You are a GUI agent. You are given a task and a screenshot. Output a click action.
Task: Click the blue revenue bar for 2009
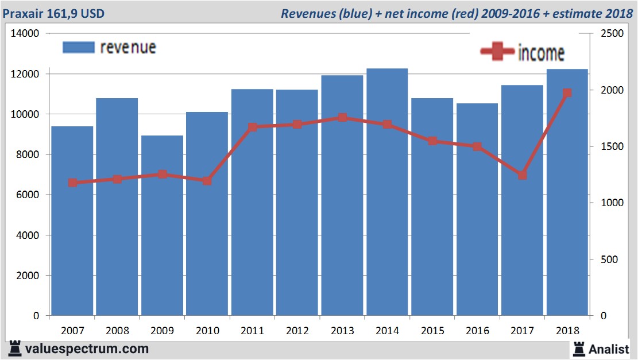point(162,230)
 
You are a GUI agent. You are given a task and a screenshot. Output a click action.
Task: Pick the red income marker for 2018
point(567,93)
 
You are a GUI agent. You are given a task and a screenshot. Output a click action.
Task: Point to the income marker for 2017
point(522,175)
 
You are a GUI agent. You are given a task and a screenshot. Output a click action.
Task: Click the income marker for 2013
point(342,118)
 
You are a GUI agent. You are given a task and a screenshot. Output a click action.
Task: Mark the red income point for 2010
point(207,181)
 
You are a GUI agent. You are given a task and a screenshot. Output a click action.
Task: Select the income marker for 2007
point(72,183)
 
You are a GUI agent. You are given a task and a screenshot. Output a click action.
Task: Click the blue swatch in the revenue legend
point(78,47)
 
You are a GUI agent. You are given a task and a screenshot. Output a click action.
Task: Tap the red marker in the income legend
point(497,52)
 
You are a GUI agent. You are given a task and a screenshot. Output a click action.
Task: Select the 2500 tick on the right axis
point(612,34)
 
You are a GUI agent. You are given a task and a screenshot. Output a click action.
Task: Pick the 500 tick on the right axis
point(609,260)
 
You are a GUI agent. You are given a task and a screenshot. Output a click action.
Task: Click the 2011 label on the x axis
point(252,331)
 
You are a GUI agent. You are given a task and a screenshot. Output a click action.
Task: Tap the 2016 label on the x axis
point(477,331)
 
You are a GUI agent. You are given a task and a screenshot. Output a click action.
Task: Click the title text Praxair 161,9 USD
point(53,13)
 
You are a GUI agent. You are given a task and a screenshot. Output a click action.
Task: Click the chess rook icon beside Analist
point(578,349)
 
